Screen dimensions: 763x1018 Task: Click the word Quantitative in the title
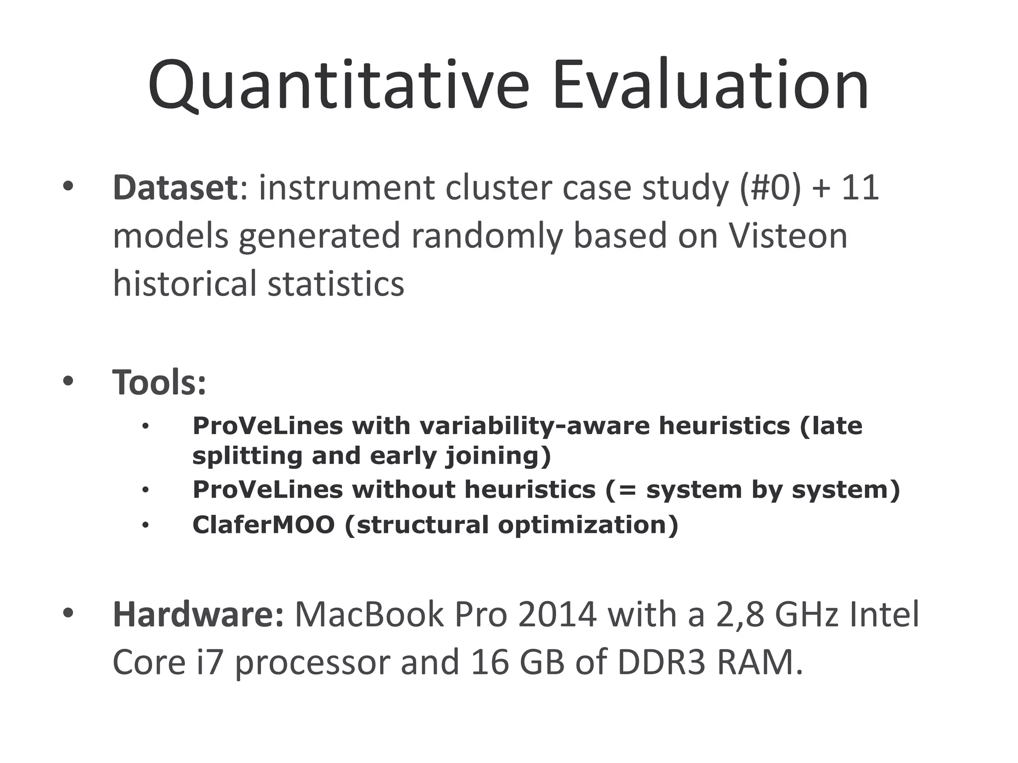click(x=338, y=85)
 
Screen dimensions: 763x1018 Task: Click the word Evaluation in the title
click(x=711, y=85)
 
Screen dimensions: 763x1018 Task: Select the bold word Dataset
click(x=175, y=188)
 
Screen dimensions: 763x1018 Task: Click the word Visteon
click(x=788, y=235)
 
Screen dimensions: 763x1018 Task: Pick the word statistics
click(x=336, y=283)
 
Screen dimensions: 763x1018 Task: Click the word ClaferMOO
click(x=263, y=525)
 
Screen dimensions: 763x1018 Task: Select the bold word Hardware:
click(x=198, y=614)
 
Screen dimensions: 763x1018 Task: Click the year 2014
click(x=557, y=614)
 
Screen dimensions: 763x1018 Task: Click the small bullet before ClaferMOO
click(x=145, y=525)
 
